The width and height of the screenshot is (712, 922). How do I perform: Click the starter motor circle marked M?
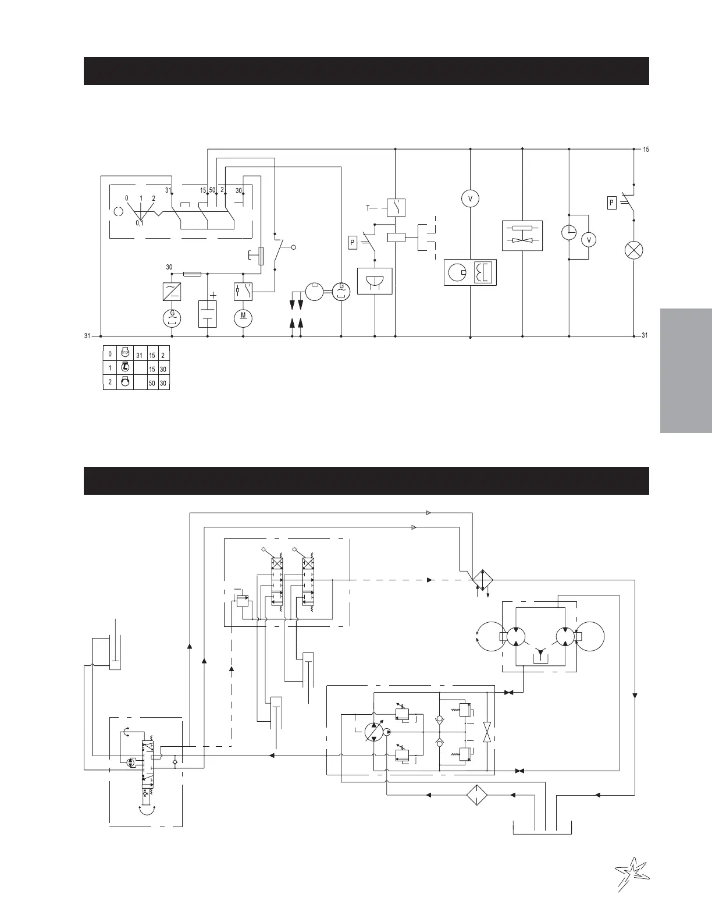243,318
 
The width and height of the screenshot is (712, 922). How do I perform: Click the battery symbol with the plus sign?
208,314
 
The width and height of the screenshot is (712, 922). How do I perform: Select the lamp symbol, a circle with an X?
633,251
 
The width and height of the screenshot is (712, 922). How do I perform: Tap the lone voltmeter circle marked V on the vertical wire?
469,199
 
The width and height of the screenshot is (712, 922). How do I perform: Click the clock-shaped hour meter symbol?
569,232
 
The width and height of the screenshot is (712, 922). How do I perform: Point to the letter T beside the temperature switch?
368,208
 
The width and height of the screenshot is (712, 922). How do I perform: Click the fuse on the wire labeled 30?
193,273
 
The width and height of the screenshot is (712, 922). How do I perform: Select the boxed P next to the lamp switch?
611,203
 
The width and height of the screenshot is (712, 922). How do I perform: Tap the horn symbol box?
375,281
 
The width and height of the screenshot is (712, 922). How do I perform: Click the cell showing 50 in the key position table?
152,383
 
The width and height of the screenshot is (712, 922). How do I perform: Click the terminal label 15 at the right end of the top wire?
645,150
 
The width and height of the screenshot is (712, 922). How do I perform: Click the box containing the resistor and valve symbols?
522,236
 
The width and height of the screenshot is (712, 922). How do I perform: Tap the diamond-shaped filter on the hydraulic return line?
476,795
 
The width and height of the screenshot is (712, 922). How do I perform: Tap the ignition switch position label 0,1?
140,222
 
